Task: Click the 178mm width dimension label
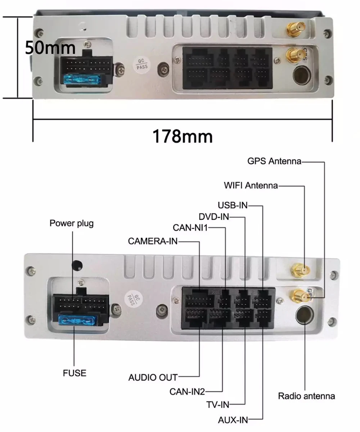(x=183, y=136)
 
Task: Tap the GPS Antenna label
(x=274, y=161)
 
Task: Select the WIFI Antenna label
(x=251, y=186)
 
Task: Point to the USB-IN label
(x=233, y=205)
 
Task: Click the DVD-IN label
(x=214, y=217)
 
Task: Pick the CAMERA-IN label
(x=153, y=241)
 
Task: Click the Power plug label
(x=71, y=223)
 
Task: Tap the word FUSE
(x=75, y=373)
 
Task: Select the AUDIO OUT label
(x=153, y=378)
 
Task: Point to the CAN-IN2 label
(x=187, y=391)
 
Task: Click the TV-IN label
(x=217, y=405)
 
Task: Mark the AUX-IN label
(x=233, y=419)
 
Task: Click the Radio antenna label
(x=306, y=396)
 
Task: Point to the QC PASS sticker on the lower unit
(x=130, y=299)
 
